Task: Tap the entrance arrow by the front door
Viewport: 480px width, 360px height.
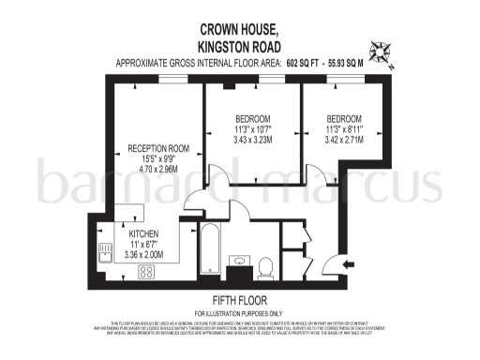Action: pos(349,265)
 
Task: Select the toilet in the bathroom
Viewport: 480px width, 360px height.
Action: pos(265,266)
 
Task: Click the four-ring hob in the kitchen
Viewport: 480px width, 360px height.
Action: pos(147,272)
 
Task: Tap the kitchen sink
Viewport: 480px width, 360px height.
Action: pos(105,250)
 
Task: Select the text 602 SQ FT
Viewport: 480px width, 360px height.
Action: pos(308,63)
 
